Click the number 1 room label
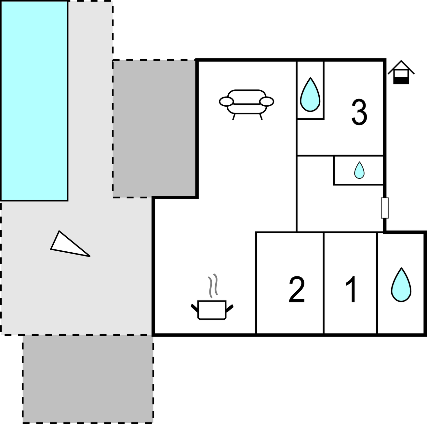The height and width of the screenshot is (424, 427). click(352, 289)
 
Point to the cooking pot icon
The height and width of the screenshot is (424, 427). click(212, 310)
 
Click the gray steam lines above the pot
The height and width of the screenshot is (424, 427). click(213, 286)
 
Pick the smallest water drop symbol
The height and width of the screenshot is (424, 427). click(359, 170)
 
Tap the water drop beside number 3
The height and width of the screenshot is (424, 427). click(310, 95)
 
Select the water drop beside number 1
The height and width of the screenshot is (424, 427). click(401, 285)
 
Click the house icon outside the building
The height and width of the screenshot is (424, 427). click(401, 72)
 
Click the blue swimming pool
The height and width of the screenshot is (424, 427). click(34, 101)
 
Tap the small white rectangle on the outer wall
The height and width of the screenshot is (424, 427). click(385, 208)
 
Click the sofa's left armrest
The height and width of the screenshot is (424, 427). click(226, 102)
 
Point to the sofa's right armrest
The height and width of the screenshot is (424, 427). click(267, 102)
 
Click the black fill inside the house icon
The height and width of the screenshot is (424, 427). click(401, 81)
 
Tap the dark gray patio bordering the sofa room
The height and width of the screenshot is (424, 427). click(154, 128)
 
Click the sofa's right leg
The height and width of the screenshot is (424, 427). click(261, 117)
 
